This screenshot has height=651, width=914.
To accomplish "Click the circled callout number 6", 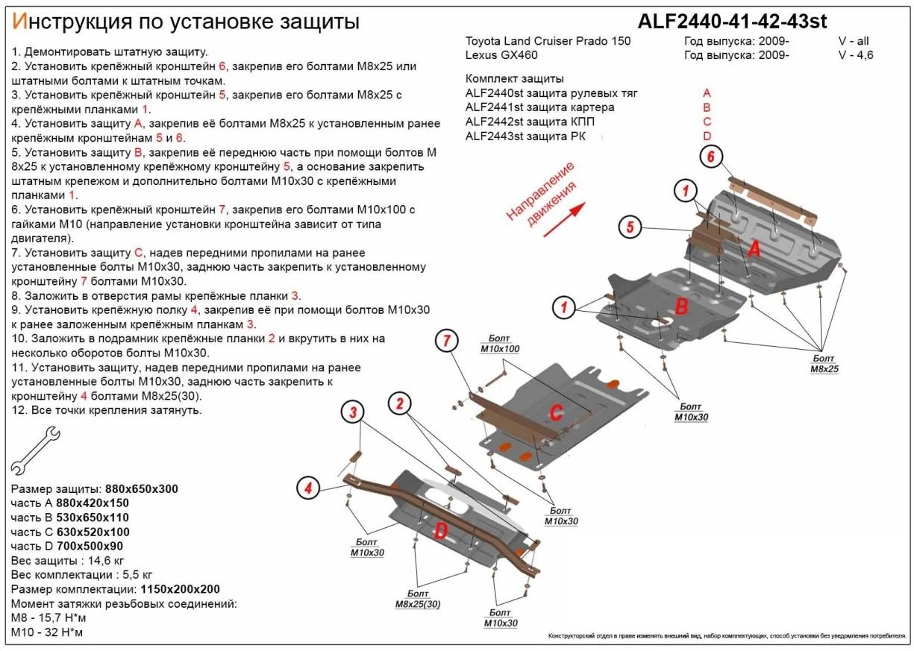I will pos(710,157).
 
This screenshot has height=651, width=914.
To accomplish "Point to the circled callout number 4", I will pos(307,488).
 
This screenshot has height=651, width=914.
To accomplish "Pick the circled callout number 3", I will pos(354,411).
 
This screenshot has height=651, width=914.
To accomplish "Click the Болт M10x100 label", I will pos(499,344).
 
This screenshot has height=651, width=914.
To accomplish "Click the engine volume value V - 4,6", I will pos(854,55).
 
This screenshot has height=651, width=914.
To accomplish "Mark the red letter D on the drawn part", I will pos(442,530).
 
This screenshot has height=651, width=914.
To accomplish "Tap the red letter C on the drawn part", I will pos(555,412).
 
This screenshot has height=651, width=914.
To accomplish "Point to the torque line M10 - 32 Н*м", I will pos(47,632).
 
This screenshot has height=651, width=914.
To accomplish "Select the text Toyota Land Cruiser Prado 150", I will pos(548,41).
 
